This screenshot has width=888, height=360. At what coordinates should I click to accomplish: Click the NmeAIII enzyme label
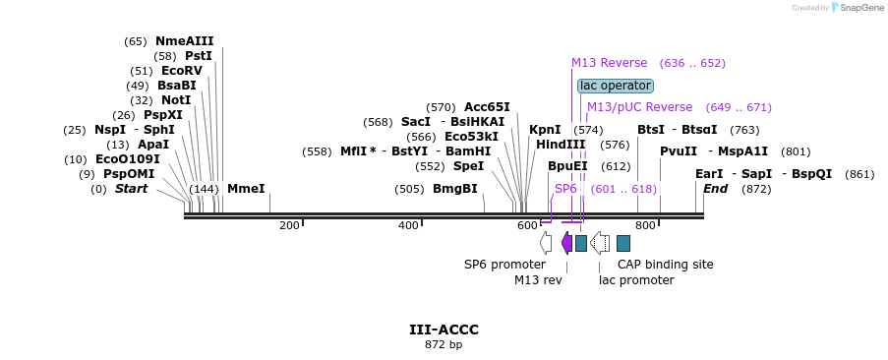pyautogui.click(x=184, y=41)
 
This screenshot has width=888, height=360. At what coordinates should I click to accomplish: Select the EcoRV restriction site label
pyautogui.click(x=181, y=71)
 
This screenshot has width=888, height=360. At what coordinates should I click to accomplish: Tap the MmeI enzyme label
pyautogui.click(x=246, y=188)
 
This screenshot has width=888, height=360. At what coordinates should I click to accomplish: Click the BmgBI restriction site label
pyautogui.click(x=454, y=189)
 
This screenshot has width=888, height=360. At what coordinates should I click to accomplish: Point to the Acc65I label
pyautogui.click(x=487, y=107)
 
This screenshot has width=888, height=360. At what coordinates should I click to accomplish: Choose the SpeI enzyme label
pyautogui.click(x=468, y=166)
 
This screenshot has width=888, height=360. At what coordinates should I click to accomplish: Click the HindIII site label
pyautogui.click(x=561, y=145)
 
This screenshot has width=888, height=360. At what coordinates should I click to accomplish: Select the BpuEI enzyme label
pyautogui.click(x=567, y=166)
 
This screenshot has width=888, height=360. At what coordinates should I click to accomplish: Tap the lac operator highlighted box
pyautogui.click(x=615, y=86)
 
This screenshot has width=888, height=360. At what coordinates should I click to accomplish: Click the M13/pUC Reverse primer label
pyautogui.click(x=639, y=107)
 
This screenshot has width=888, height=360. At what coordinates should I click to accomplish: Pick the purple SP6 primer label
pyautogui.click(x=565, y=188)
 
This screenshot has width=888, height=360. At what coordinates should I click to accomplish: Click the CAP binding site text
pyautogui.click(x=665, y=265)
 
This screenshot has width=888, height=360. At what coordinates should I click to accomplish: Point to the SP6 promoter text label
pyautogui.click(x=504, y=265)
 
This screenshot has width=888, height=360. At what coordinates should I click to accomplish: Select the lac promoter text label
pyautogui.click(x=636, y=280)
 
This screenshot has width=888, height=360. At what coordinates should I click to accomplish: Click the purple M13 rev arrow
pyautogui.click(x=566, y=242)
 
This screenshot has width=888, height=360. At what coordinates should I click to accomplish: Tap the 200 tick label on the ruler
pyautogui.click(x=289, y=226)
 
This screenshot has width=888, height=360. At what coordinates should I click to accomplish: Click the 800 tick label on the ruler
pyautogui.click(x=645, y=226)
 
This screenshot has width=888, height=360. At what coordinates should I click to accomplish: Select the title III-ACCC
pyautogui.click(x=444, y=330)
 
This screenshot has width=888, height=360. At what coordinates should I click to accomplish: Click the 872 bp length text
pyautogui.click(x=444, y=345)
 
